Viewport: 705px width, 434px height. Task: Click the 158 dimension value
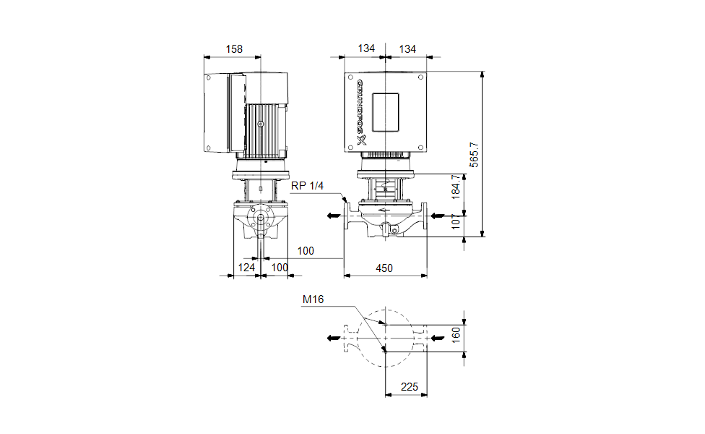pos(234,49)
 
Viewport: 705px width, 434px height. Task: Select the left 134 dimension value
pos(367,49)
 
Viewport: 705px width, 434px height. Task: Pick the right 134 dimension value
pos(408,49)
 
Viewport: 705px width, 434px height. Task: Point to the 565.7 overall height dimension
pos(474,153)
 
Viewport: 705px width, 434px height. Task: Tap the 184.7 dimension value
pos(455,187)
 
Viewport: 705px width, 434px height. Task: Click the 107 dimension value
pos(455,222)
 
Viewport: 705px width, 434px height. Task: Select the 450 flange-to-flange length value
pos(384,268)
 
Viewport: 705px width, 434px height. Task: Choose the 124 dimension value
pos(247,268)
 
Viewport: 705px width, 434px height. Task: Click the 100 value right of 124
pos(279,268)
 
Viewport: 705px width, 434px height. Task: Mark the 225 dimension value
pos(410,387)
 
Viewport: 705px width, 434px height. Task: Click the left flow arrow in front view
pos(332,215)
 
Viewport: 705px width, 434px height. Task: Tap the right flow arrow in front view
pos(438,215)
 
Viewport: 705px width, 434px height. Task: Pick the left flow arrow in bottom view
pos(332,337)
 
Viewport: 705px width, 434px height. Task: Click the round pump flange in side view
pos(260,219)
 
